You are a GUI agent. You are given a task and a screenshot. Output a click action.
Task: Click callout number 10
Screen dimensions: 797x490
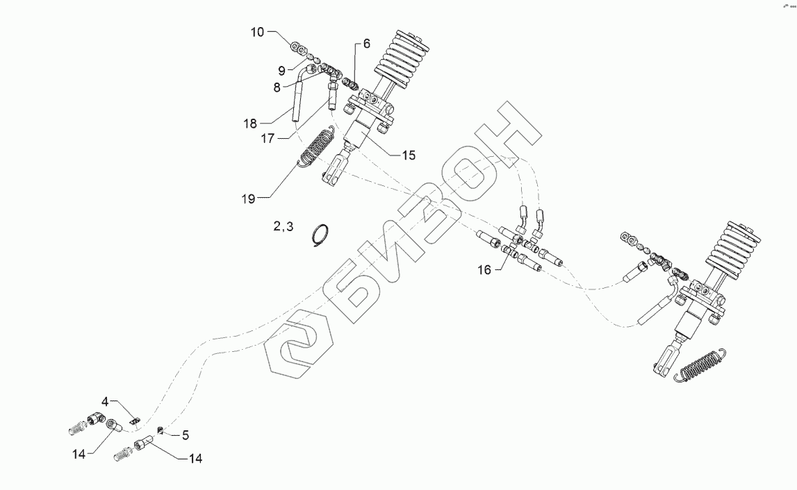[256, 33]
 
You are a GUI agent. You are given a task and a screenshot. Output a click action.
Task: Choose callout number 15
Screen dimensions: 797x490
[408, 155]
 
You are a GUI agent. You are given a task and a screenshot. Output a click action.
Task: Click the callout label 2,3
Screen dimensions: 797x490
[283, 226]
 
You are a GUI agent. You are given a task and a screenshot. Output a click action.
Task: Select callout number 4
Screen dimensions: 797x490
[106, 401]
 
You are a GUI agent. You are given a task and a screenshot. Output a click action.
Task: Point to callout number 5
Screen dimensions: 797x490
[186, 435]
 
